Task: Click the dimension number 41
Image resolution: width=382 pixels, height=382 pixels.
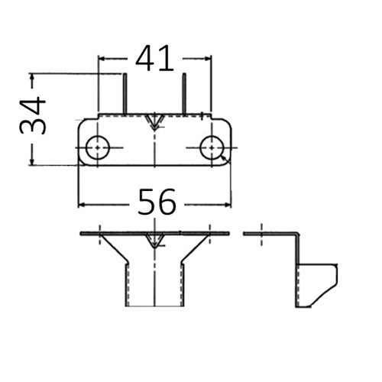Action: (154, 59)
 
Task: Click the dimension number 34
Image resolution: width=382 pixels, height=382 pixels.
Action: (33, 115)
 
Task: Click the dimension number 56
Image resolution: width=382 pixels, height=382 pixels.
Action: (157, 202)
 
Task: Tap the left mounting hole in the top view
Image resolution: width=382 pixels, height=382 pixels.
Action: (98, 147)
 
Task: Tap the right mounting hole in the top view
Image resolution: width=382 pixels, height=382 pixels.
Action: (212, 147)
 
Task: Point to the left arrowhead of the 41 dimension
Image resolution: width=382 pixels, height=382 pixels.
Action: (102, 59)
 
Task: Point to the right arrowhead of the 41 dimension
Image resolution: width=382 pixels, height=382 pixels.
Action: (208, 59)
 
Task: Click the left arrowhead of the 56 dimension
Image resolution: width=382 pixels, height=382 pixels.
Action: (82, 205)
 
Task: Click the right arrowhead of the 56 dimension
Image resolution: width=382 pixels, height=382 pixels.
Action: (228, 205)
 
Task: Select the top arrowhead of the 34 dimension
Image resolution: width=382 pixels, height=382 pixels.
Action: (32, 77)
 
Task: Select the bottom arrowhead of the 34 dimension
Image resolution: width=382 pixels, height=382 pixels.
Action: (32, 161)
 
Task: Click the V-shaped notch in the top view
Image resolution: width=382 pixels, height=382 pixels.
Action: (154, 122)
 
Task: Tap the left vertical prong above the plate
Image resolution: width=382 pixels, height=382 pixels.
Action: (125, 94)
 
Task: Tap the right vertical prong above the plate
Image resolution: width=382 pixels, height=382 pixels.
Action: (184, 94)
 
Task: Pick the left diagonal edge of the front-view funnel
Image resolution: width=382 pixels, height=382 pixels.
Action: (114, 248)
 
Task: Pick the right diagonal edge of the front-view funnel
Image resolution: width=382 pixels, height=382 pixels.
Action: (195, 248)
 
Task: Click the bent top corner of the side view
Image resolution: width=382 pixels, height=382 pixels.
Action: (296, 234)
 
